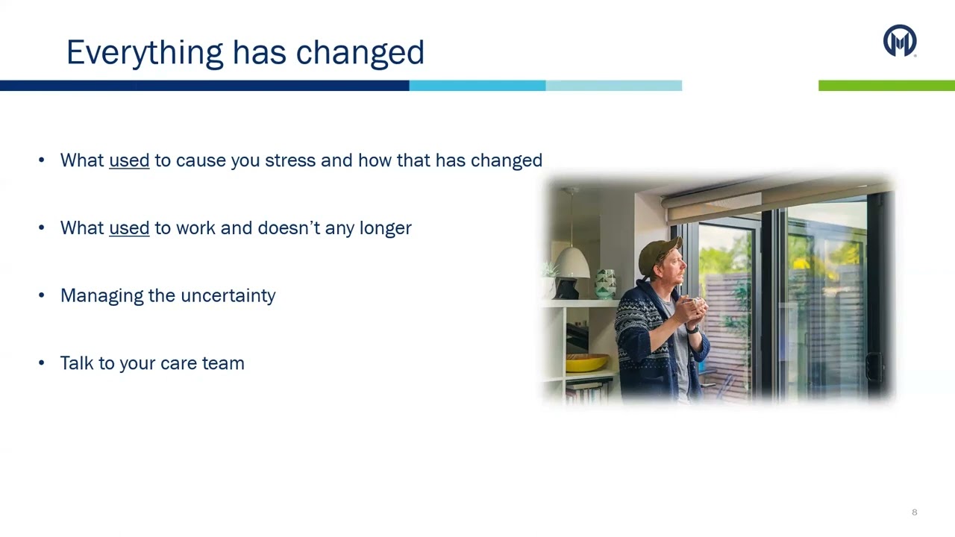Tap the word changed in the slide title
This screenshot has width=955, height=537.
click(x=360, y=53)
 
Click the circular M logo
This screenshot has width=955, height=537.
click(x=900, y=40)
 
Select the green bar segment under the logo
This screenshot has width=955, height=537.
click(x=887, y=85)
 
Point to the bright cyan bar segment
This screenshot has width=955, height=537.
click(x=477, y=85)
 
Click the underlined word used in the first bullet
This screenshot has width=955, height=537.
click(x=129, y=160)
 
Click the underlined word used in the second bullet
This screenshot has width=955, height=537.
click(x=129, y=228)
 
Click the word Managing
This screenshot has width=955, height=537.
click(x=102, y=296)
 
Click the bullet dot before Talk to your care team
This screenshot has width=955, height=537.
click(x=41, y=362)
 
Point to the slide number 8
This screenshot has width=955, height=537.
click(x=915, y=512)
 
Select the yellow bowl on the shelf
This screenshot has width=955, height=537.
click(x=586, y=362)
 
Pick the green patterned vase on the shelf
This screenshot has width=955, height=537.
click(x=605, y=283)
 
